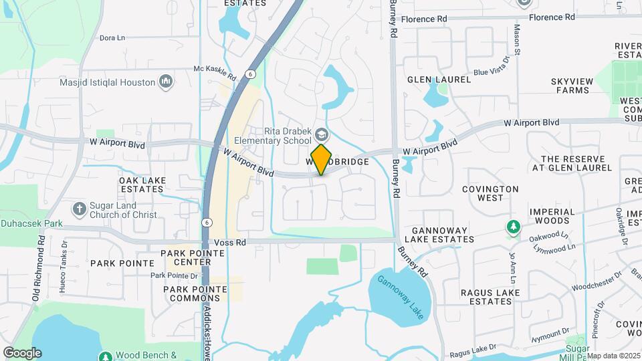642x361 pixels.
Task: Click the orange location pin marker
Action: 322,159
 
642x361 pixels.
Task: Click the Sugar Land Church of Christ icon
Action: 79,209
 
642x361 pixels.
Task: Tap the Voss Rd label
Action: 227,242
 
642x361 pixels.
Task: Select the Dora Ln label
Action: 112,38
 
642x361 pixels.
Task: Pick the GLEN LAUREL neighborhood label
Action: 439,79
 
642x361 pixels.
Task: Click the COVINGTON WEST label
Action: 490,193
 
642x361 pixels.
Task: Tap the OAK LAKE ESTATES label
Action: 141,185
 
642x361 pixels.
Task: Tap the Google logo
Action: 21,353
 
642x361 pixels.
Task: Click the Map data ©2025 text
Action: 613,356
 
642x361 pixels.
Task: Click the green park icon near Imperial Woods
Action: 513,227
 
